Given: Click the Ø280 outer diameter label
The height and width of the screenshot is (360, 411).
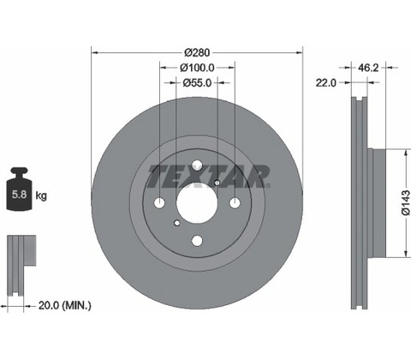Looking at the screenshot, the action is tap(197, 52).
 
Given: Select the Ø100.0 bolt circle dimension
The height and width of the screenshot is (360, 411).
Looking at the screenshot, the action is tap(197, 68).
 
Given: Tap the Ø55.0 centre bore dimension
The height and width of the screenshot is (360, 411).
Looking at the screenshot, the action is tap(197, 83).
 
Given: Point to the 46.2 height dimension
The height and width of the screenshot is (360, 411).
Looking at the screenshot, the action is tap(368, 68).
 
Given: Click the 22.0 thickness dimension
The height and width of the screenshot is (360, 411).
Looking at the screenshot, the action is tap(326, 83).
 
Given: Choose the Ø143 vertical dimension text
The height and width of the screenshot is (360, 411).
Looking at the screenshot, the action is tap(406, 202).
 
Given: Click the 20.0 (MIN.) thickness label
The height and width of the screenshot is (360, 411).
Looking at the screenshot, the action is tap(65, 306).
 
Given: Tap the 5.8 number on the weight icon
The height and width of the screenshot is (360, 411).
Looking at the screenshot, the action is tap(19, 195).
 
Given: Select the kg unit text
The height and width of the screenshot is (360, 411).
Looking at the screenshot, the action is tap(41, 195).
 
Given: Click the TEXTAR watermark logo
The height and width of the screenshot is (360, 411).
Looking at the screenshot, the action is tap(209, 177).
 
